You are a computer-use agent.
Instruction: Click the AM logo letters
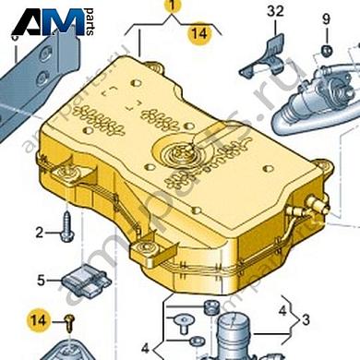click(x=49, y=21)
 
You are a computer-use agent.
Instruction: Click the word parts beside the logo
click(x=90, y=22)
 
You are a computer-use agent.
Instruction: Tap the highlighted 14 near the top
click(x=199, y=33)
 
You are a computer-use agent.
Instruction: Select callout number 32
click(x=275, y=11)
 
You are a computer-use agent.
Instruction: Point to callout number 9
click(x=326, y=19)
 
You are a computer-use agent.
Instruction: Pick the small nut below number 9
click(x=326, y=50)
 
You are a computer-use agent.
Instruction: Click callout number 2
click(x=39, y=233)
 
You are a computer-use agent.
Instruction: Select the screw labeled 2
click(x=67, y=227)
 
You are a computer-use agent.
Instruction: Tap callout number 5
click(x=41, y=281)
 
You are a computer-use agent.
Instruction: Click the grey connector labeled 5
click(x=86, y=281)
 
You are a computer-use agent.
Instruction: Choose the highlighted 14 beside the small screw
click(x=39, y=320)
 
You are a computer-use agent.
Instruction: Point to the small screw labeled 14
click(x=70, y=324)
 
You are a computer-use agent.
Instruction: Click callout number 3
click(x=306, y=320)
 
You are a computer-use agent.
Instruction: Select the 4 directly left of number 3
click(x=282, y=311)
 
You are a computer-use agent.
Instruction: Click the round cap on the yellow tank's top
click(x=179, y=153)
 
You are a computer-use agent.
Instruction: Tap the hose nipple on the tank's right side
click(x=314, y=203)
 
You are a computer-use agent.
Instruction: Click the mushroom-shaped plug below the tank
click(x=184, y=324)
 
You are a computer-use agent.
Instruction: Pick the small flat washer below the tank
click(x=196, y=341)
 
